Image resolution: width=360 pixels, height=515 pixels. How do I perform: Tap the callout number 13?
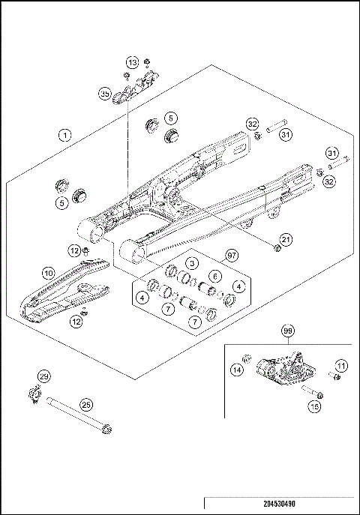tap(132, 62)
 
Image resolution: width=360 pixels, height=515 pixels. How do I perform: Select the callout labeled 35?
tap(105, 94)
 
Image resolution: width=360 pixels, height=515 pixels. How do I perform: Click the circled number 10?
tap(48, 274)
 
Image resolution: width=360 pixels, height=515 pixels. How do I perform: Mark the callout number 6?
tap(214, 276)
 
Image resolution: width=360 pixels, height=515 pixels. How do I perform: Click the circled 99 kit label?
tap(287, 331)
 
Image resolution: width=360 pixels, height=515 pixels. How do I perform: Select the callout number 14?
tap(235, 369)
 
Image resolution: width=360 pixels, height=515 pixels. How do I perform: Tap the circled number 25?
tap(86, 405)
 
